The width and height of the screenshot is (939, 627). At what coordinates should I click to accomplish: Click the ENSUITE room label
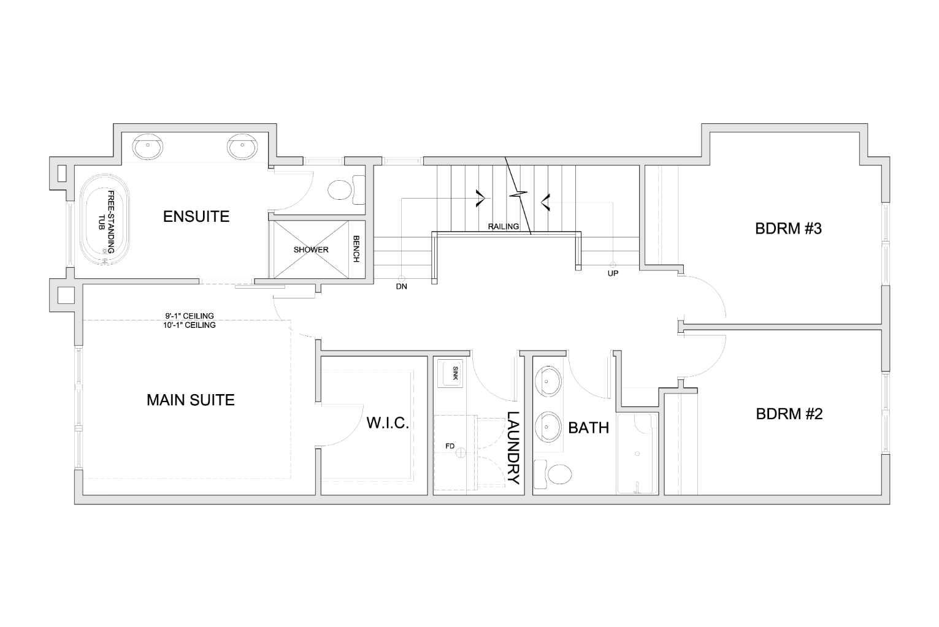point(196,216)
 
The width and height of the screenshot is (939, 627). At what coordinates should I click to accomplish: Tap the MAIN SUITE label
point(190,400)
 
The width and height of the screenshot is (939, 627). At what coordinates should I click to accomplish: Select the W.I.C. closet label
point(387,423)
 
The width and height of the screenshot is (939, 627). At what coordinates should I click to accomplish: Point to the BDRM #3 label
point(788,229)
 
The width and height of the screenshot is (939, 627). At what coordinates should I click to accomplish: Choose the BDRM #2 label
point(789,414)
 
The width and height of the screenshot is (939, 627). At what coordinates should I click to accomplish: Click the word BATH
point(588,428)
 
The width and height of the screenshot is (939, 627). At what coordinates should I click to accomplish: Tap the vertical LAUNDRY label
point(513,448)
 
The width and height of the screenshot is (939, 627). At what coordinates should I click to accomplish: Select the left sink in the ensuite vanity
point(148,146)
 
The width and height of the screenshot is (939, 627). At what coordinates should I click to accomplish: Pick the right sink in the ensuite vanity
point(242,146)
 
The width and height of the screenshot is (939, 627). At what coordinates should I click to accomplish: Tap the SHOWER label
point(311,250)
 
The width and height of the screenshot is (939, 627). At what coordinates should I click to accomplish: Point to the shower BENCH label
point(356,250)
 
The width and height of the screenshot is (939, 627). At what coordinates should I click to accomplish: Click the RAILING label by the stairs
point(503,227)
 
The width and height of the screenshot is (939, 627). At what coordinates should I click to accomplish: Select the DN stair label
point(401,286)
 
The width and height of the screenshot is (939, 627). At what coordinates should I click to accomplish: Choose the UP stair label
point(613,273)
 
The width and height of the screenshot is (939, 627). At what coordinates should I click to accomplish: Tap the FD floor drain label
point(450,446)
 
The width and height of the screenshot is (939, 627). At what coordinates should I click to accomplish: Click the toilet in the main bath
point(554,474)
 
